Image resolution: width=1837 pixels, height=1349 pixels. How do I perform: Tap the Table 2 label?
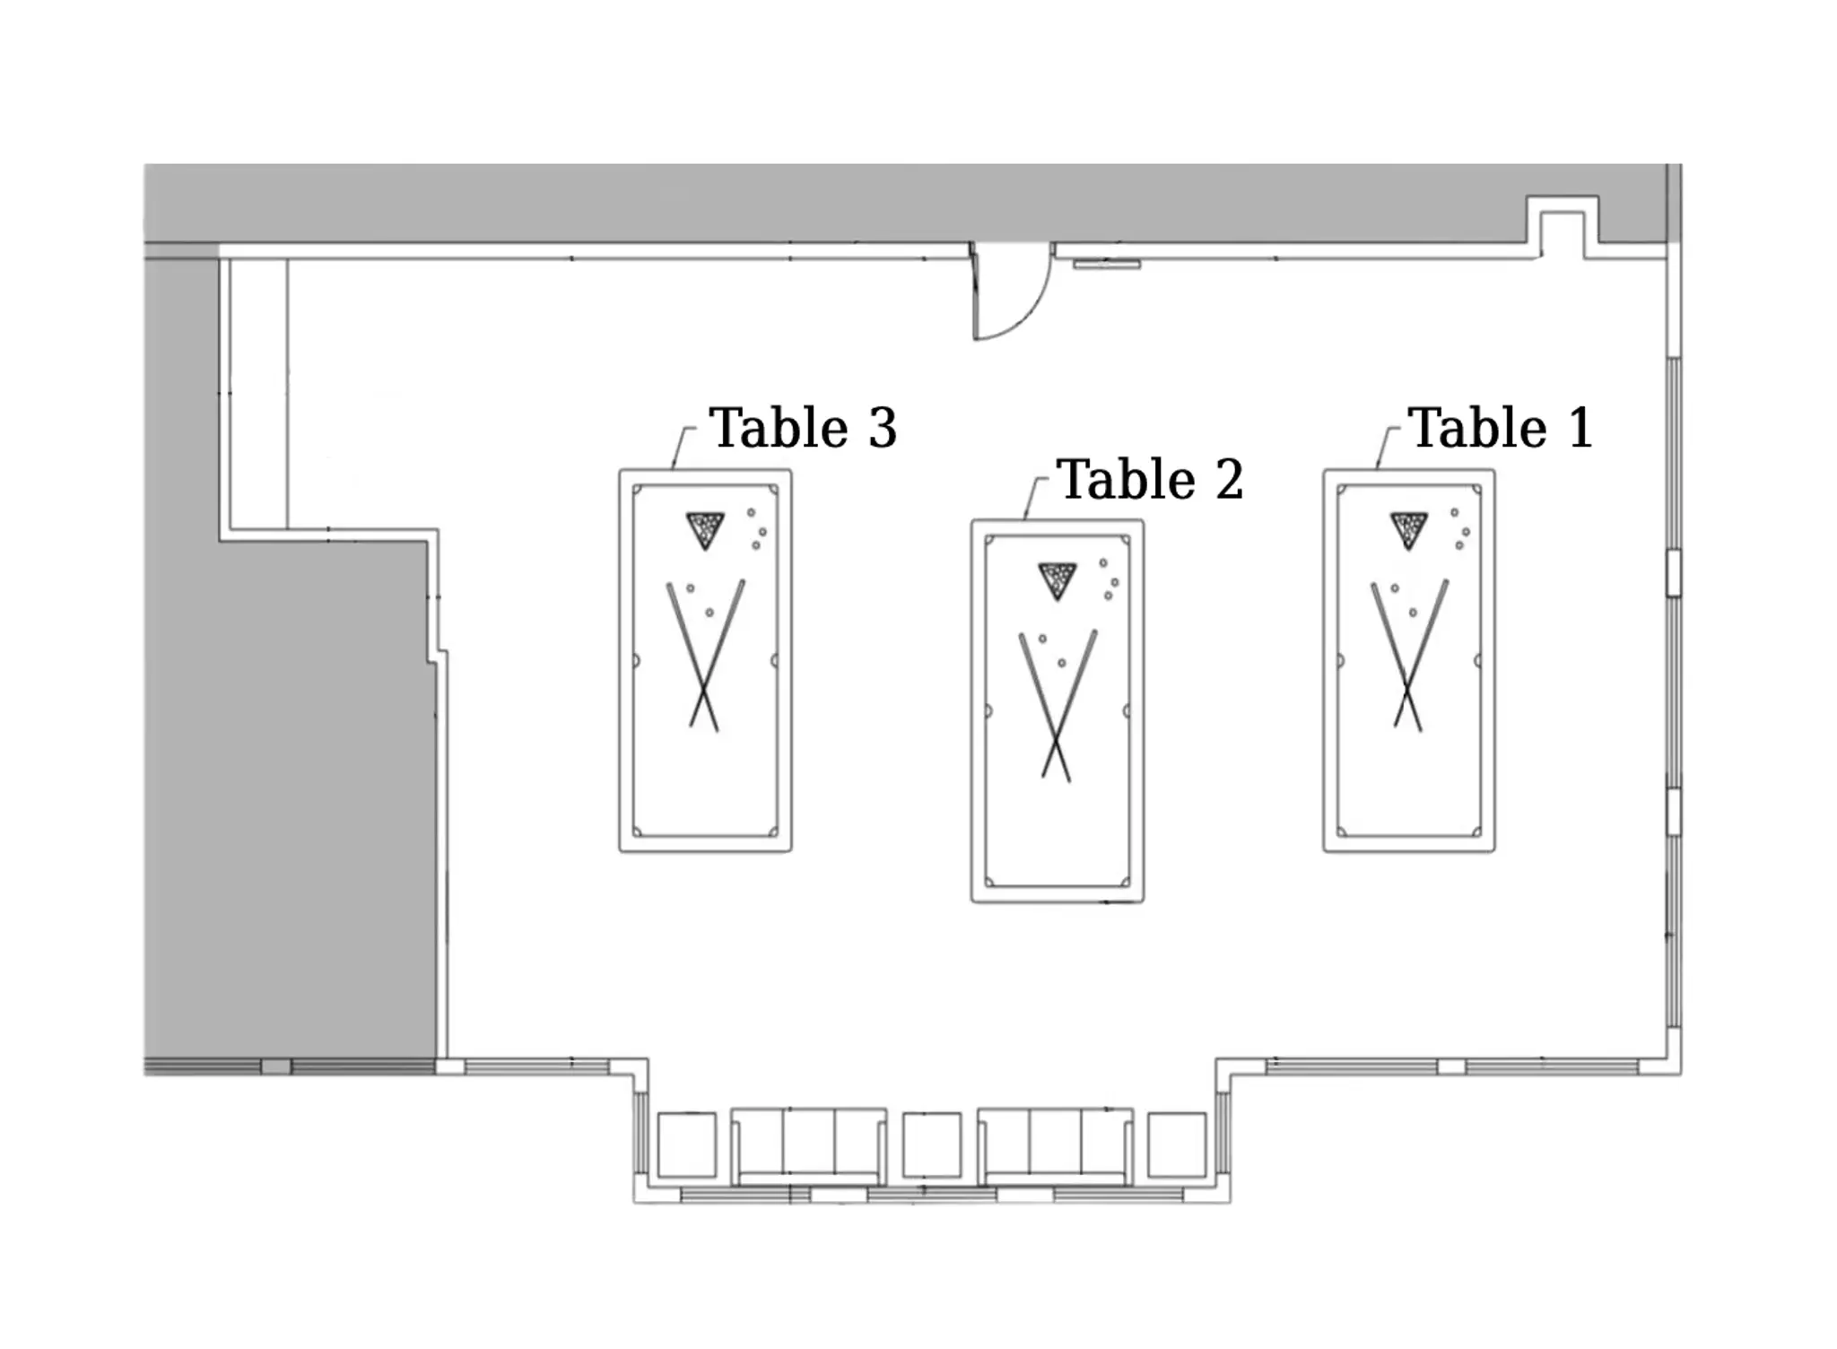tap(1150, 479)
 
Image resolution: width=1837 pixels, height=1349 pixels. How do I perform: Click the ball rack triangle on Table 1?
tap(1408, 528)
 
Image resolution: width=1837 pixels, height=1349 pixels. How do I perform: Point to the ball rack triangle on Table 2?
tap(1057, 579)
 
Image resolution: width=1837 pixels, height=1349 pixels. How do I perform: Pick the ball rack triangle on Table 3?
tap(704, 528)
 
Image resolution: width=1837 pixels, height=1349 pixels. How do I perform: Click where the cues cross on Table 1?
tap(1407, 689)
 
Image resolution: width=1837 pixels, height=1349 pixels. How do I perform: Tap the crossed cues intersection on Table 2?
tap(1056, 739)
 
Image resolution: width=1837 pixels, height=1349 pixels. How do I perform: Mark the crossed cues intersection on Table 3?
tap(704, 689)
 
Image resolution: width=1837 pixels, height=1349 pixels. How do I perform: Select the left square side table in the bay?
tap(687, 1144)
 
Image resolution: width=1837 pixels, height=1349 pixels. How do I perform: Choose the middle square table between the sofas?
tap(932, 1144)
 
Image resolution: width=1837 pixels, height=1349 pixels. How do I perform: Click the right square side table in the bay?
tap(1177, 1144)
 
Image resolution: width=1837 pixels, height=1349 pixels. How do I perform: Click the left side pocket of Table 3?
tap(636, 661)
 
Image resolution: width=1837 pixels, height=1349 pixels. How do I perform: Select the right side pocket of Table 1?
tap(1477, 661)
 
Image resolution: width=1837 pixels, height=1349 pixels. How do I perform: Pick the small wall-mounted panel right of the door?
tap(1107, 264)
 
